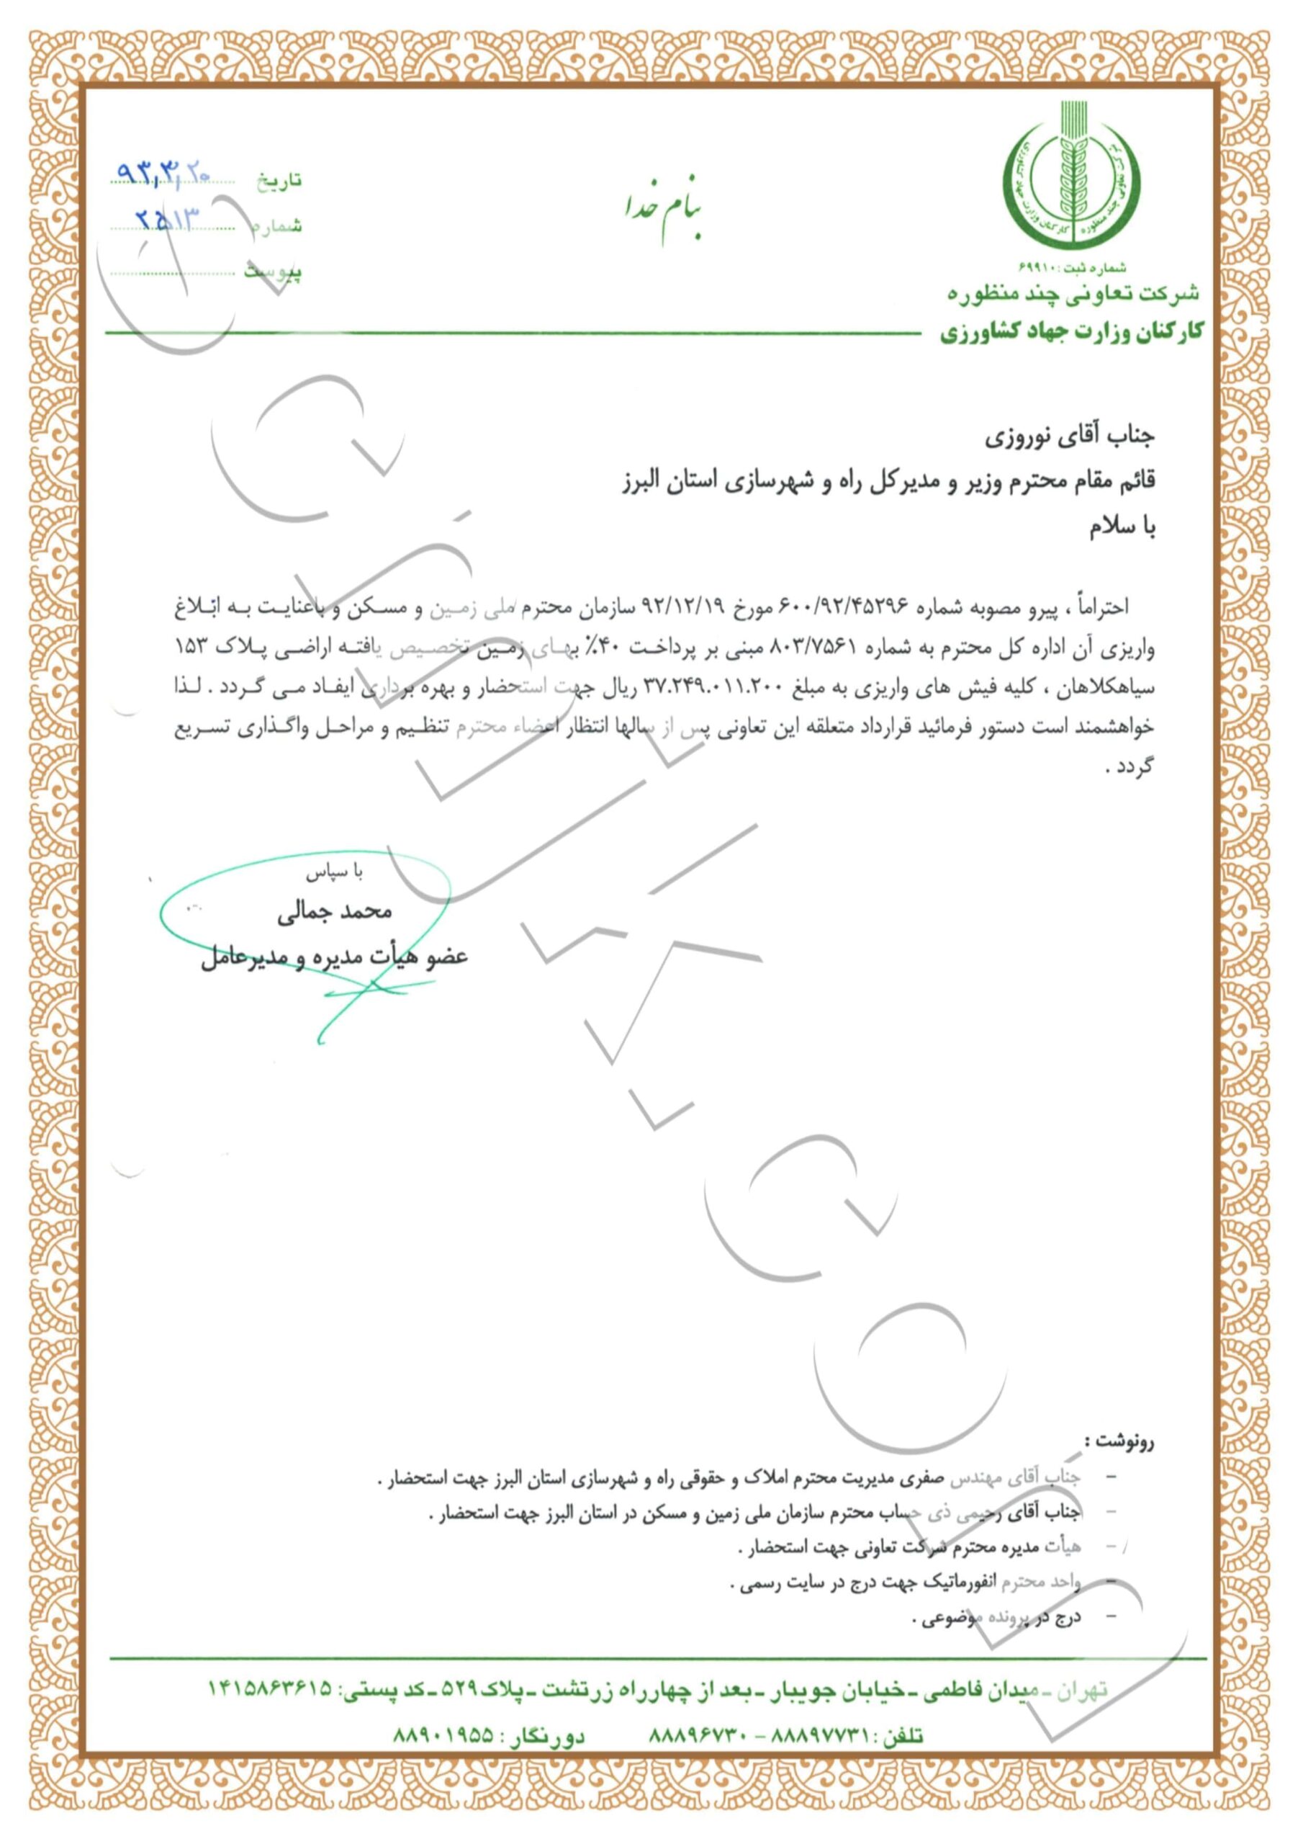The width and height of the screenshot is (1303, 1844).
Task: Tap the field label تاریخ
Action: click(279, 180)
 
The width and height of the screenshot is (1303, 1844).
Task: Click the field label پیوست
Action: click(273, 272)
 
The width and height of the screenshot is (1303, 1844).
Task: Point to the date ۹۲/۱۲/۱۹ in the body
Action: click(690, 607)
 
